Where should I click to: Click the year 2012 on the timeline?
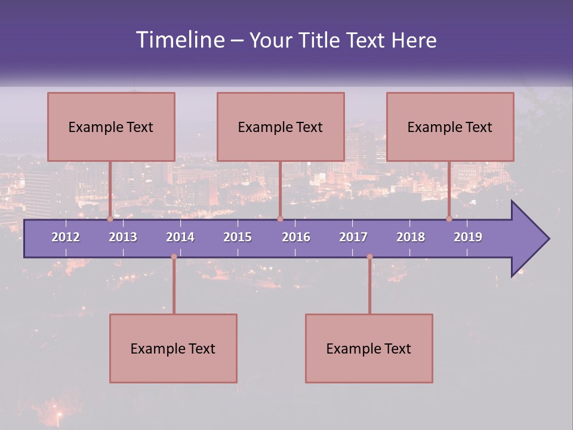[x=66, y=237]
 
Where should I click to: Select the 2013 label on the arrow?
[x=123, y=237]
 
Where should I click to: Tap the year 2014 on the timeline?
[x=180, y=237]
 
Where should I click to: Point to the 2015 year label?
[x=238, y=237]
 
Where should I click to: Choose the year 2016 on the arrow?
[x=296, y=237]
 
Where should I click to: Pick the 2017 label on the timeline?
[x=353, y=237]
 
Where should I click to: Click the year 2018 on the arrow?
[x=411, y=237]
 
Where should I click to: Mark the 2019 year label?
[x=468, y=237]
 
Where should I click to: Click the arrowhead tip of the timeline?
[x=547, y=239]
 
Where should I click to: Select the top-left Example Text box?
[x=111, y=127]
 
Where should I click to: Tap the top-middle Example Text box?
[x=281, y=127]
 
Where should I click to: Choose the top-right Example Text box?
[x=450, y=127]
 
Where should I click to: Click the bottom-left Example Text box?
[x=173, y=349]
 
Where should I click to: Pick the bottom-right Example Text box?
[x=369, y=349]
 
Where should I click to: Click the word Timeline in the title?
[x=180, y=40]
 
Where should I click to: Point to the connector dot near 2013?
[x=110, y=219]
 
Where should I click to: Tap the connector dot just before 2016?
[x=280, y=219]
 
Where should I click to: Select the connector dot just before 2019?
[x=449, y=219]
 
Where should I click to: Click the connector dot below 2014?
[x=174, y=257]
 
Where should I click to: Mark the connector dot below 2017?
[x=369, y=257]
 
